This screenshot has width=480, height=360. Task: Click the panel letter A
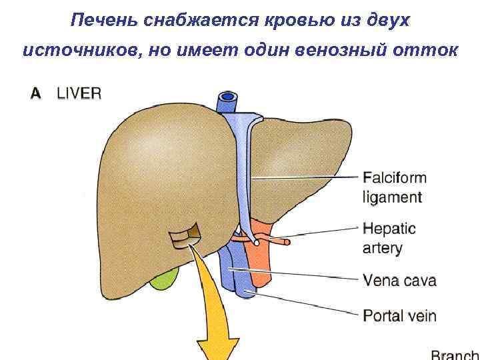(35, 94)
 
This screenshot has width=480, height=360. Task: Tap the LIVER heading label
(79, 94)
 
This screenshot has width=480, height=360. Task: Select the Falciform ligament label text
(393, 187)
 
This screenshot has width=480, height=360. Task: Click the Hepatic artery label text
(389, 238)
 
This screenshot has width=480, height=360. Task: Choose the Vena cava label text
(399, 280)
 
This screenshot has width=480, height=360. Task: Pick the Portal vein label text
(399, 314)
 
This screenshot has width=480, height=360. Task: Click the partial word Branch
(455, 353)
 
